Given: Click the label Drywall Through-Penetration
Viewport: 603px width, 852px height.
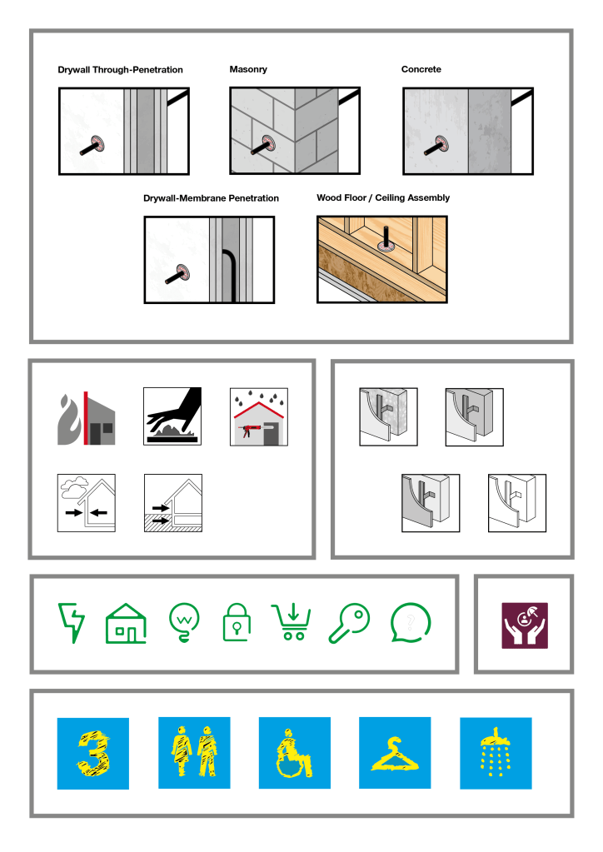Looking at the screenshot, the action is [120, 70].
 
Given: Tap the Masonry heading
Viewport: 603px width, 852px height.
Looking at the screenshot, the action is [248, 70].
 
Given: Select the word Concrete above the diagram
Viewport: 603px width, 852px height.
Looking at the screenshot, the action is [421, 69].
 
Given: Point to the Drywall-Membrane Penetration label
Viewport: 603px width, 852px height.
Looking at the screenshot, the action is [211, 197].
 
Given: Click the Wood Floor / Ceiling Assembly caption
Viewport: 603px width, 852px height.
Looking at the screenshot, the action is [383, 197].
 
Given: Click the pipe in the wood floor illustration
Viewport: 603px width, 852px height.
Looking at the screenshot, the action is [386, 237].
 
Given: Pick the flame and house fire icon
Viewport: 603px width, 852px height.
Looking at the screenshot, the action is [87, 418].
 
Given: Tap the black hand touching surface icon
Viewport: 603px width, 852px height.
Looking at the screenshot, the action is [172, 416].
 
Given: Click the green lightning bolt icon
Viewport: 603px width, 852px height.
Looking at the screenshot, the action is [72, 622].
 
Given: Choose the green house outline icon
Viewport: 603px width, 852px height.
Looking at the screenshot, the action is [126, 624].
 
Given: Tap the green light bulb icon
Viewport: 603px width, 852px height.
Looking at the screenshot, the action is [184, 623].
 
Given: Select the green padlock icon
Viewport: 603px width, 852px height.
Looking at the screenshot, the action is [237, 622].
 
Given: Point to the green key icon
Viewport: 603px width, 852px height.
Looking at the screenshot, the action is [349, 624].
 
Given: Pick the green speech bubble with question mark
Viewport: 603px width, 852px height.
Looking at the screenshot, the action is [410, 623].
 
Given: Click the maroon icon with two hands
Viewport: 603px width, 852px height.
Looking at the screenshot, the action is [524, 625].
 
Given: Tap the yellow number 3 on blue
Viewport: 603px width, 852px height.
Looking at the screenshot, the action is [93, 753].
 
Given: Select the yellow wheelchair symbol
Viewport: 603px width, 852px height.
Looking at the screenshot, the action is [295, 753].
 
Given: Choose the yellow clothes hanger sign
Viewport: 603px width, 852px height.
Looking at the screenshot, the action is [395, 755].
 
